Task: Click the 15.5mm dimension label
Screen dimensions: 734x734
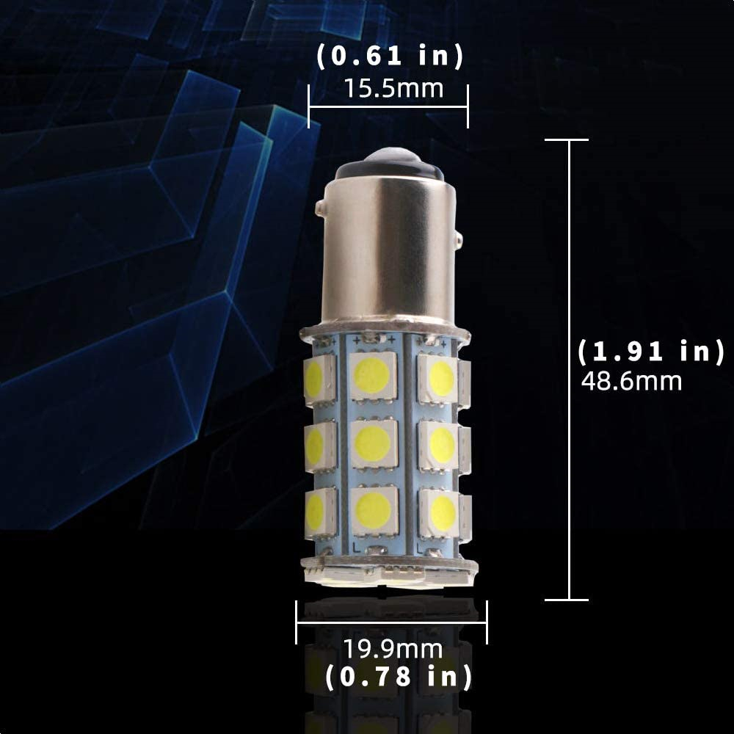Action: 394,89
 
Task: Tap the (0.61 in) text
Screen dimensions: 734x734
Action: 390,57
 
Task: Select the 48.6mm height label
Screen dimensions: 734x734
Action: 631,382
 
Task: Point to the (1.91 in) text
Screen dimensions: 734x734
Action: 650,352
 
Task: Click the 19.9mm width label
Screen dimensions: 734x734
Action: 393,649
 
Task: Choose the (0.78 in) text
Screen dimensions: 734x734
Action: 399,676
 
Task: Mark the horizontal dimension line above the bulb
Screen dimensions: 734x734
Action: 388,107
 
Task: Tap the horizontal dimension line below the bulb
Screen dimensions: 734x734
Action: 391,623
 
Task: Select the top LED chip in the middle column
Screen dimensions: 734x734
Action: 373,376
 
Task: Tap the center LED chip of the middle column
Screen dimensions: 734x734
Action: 373,443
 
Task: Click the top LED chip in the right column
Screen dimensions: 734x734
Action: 440,377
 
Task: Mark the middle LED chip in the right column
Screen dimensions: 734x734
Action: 441,444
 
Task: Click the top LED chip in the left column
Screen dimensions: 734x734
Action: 316,377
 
